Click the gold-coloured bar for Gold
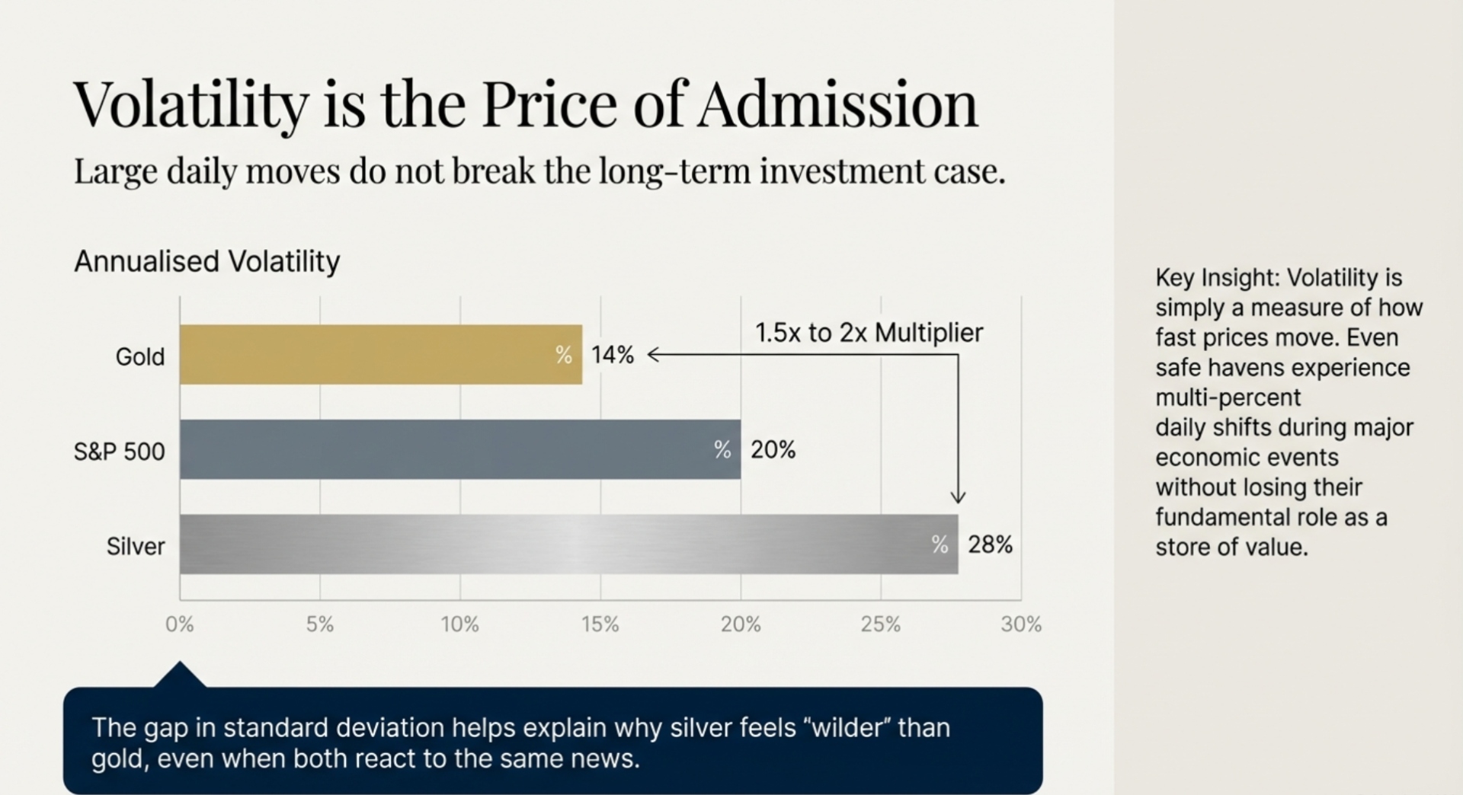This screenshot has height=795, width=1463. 381,355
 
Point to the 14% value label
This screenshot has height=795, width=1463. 613,355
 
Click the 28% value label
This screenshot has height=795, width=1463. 990,544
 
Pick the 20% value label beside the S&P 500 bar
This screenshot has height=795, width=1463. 773,450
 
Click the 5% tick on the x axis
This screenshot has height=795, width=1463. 320,624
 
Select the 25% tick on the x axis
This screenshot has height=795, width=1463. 880,624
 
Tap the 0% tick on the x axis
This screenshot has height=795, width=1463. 180,624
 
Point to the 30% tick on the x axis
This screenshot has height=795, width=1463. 1021,624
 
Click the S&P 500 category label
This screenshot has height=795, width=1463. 119,452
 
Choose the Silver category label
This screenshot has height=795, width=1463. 136,546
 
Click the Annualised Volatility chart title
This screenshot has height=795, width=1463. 206,261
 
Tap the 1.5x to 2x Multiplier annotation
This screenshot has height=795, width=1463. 869,333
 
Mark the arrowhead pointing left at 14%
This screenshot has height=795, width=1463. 652,354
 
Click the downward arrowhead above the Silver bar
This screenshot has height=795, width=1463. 958,497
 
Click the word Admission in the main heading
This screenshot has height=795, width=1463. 837,105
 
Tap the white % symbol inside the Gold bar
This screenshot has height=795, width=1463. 563,355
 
